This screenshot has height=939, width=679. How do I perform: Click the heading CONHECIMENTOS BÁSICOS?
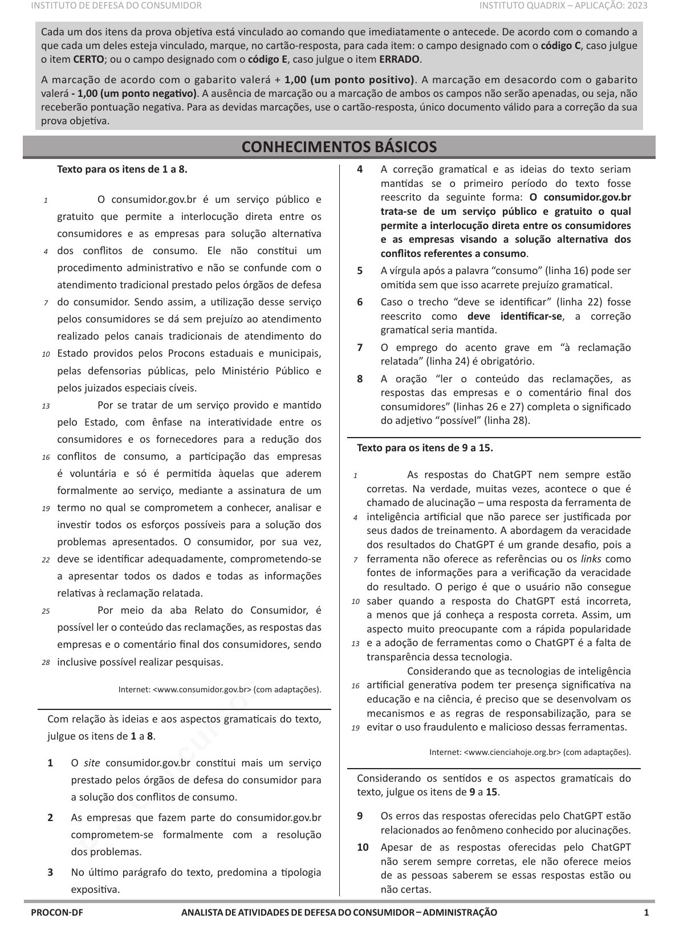(x=339, y=147)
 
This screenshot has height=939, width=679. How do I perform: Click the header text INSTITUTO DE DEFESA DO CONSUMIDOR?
(x=116, y=6)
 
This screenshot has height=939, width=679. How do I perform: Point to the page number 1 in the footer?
(x=646, y=912)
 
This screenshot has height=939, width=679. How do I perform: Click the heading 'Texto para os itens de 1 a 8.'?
(x=122, y=169)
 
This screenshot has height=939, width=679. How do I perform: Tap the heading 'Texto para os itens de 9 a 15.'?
(x=425, y=448)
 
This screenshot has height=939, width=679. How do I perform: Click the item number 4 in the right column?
(x=360, y=169)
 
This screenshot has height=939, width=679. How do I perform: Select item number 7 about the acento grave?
(x=360, y=348)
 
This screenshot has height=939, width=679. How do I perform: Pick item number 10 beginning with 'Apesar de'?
(x=363, y=847)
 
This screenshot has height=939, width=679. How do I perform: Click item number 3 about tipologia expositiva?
(x=51, y=872)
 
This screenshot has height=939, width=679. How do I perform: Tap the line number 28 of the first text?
(x=46, y=663)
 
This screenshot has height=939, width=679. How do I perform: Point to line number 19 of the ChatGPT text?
(x=355, y=728)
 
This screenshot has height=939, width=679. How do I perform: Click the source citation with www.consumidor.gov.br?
(x=219, y=689)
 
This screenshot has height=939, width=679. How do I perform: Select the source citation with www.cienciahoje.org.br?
(x=530, y=752)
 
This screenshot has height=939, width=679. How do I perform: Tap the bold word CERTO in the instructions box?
(x=89, y=59)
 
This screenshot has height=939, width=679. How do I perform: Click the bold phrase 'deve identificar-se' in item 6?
(x=514, y=316)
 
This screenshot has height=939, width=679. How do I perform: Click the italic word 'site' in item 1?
(x=92, y=763)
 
